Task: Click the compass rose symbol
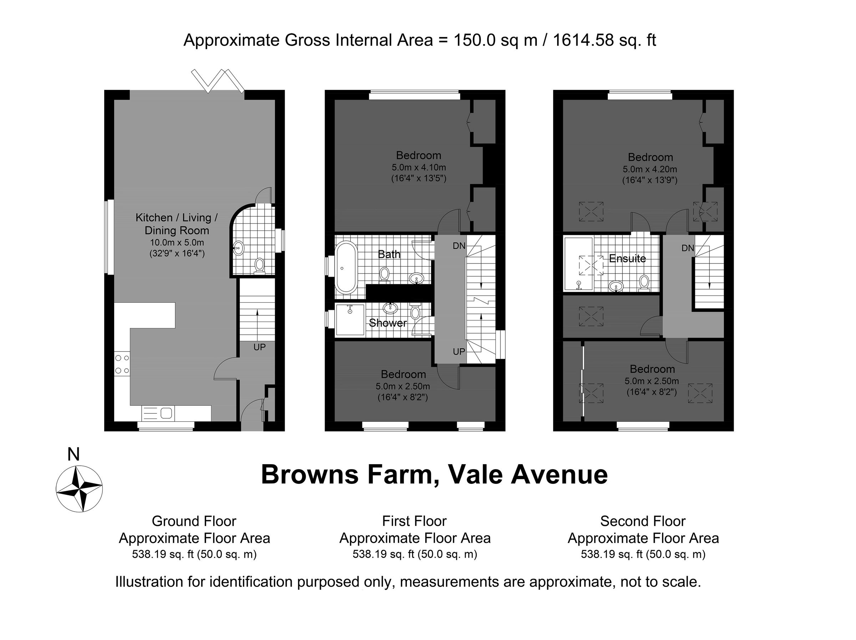point(79,489)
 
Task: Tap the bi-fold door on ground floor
point(218,81)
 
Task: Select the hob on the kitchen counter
point(122,364)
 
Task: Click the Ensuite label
point(627,258)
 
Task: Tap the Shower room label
point(387,323)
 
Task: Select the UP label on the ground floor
point(259,347)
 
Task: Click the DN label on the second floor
point(688,248)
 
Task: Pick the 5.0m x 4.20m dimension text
point(650,169)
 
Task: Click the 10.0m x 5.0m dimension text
point(177,242)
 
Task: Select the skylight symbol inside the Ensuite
point(591,265)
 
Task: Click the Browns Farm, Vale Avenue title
point(434,475)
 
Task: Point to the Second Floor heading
point(643,521)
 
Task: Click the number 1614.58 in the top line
point(583,40)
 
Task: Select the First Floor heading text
point(414,521)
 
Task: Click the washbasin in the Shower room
point(390,308)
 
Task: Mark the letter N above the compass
point(73,454)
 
